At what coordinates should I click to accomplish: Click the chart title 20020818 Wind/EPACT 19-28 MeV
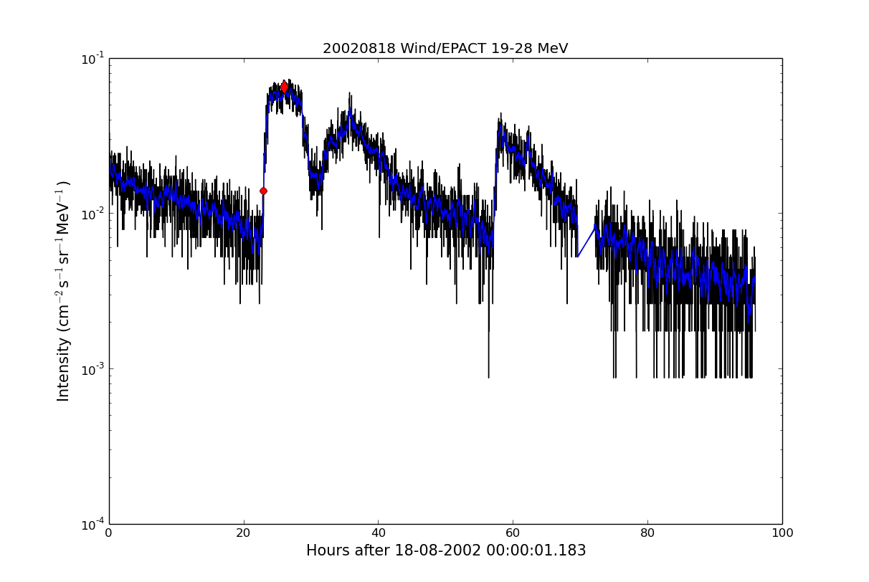coord(445,49)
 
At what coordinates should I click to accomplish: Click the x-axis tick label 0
coord(109,533)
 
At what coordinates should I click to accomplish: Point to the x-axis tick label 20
coord(244,533)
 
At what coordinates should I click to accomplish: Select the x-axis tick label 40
coord(378,533)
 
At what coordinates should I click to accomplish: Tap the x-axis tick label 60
coord(513,533)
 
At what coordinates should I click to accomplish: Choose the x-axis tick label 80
coord(647,533)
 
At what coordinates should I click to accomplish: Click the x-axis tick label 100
coord(782,533)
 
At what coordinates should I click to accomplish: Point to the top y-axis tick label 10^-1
coord(92,59)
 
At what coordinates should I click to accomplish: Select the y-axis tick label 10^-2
coord(92,214)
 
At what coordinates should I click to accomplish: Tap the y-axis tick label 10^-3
coord(92,369)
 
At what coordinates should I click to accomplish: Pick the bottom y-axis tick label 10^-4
coord(92,524)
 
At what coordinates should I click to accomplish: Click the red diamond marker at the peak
coord(285,87)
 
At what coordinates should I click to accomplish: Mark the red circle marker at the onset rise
coord(263,191)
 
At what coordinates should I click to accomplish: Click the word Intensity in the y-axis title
coord(64,369)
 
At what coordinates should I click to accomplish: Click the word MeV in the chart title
coord(553,49)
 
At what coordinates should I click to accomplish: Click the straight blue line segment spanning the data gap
coord(587,242)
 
